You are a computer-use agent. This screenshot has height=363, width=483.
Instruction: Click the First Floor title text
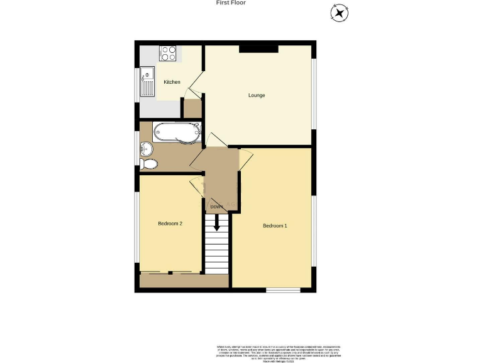coord(230,3)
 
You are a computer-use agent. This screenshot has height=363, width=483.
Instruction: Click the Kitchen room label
coord(172,83)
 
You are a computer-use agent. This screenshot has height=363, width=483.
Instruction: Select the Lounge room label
coord(256,96)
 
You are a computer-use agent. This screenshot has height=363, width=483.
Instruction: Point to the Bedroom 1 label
coord(275,226)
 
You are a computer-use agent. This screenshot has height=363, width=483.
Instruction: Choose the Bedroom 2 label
coord(170,224)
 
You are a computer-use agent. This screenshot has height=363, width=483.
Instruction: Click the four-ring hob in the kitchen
coord(168,54)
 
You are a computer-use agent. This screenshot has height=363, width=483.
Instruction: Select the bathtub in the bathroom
coord(177,133)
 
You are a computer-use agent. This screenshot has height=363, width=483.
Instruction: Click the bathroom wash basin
coord(147,149)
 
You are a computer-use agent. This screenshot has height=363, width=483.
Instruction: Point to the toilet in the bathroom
coord(149,164)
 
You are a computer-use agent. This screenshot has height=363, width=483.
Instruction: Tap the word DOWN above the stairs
coord(217,207)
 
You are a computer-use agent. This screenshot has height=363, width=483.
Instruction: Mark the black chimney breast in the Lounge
coord(258,49)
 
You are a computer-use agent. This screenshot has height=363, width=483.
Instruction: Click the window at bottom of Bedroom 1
coord(282,290)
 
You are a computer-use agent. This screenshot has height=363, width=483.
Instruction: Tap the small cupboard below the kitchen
coord(192,108)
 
